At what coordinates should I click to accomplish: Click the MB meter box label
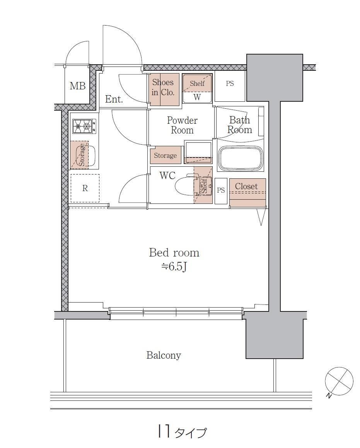click(x=78, y=86)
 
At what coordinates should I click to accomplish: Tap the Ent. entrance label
click(x=114, y=99)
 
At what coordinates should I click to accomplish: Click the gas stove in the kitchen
click(x=84, y=126)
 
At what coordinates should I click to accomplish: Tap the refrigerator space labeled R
click(x=85, y=188)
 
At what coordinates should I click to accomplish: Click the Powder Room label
click(x=182, y=125)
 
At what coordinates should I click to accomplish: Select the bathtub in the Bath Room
click(x=241, y=159)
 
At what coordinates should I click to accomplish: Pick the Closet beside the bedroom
click(x=247, y=193)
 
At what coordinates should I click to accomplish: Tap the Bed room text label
click(x=174, y=253)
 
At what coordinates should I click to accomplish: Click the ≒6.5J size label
click(x=174, y=267)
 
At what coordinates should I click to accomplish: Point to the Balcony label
click(x=164, y=355)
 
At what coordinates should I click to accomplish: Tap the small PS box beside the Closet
click(x=221, y=191)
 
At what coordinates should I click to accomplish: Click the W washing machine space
click(x=197, y=97)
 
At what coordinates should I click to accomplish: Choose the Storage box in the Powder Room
click(x=165, y=155)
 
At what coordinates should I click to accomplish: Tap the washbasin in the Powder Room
click(x=198, y=152)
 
